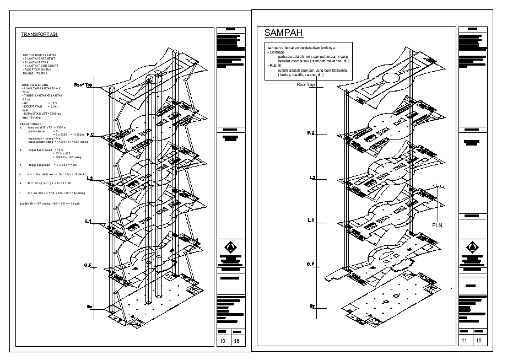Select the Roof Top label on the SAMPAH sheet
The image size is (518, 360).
coord(305,85)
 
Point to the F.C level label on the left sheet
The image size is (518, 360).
coord(90,135)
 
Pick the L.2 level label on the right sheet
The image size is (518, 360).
coord(312,178)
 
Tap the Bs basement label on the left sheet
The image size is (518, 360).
coord(89,305)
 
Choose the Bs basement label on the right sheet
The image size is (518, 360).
coord(312,305)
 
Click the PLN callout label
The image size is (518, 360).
coord(437,225)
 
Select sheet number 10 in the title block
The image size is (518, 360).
coord(223,341)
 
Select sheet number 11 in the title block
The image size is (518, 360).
coord(465,341)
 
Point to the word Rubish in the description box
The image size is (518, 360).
coord(274,66)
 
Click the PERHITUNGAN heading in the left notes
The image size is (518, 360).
coord(33,124)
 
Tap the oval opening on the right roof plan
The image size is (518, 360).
coord(392,79)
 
